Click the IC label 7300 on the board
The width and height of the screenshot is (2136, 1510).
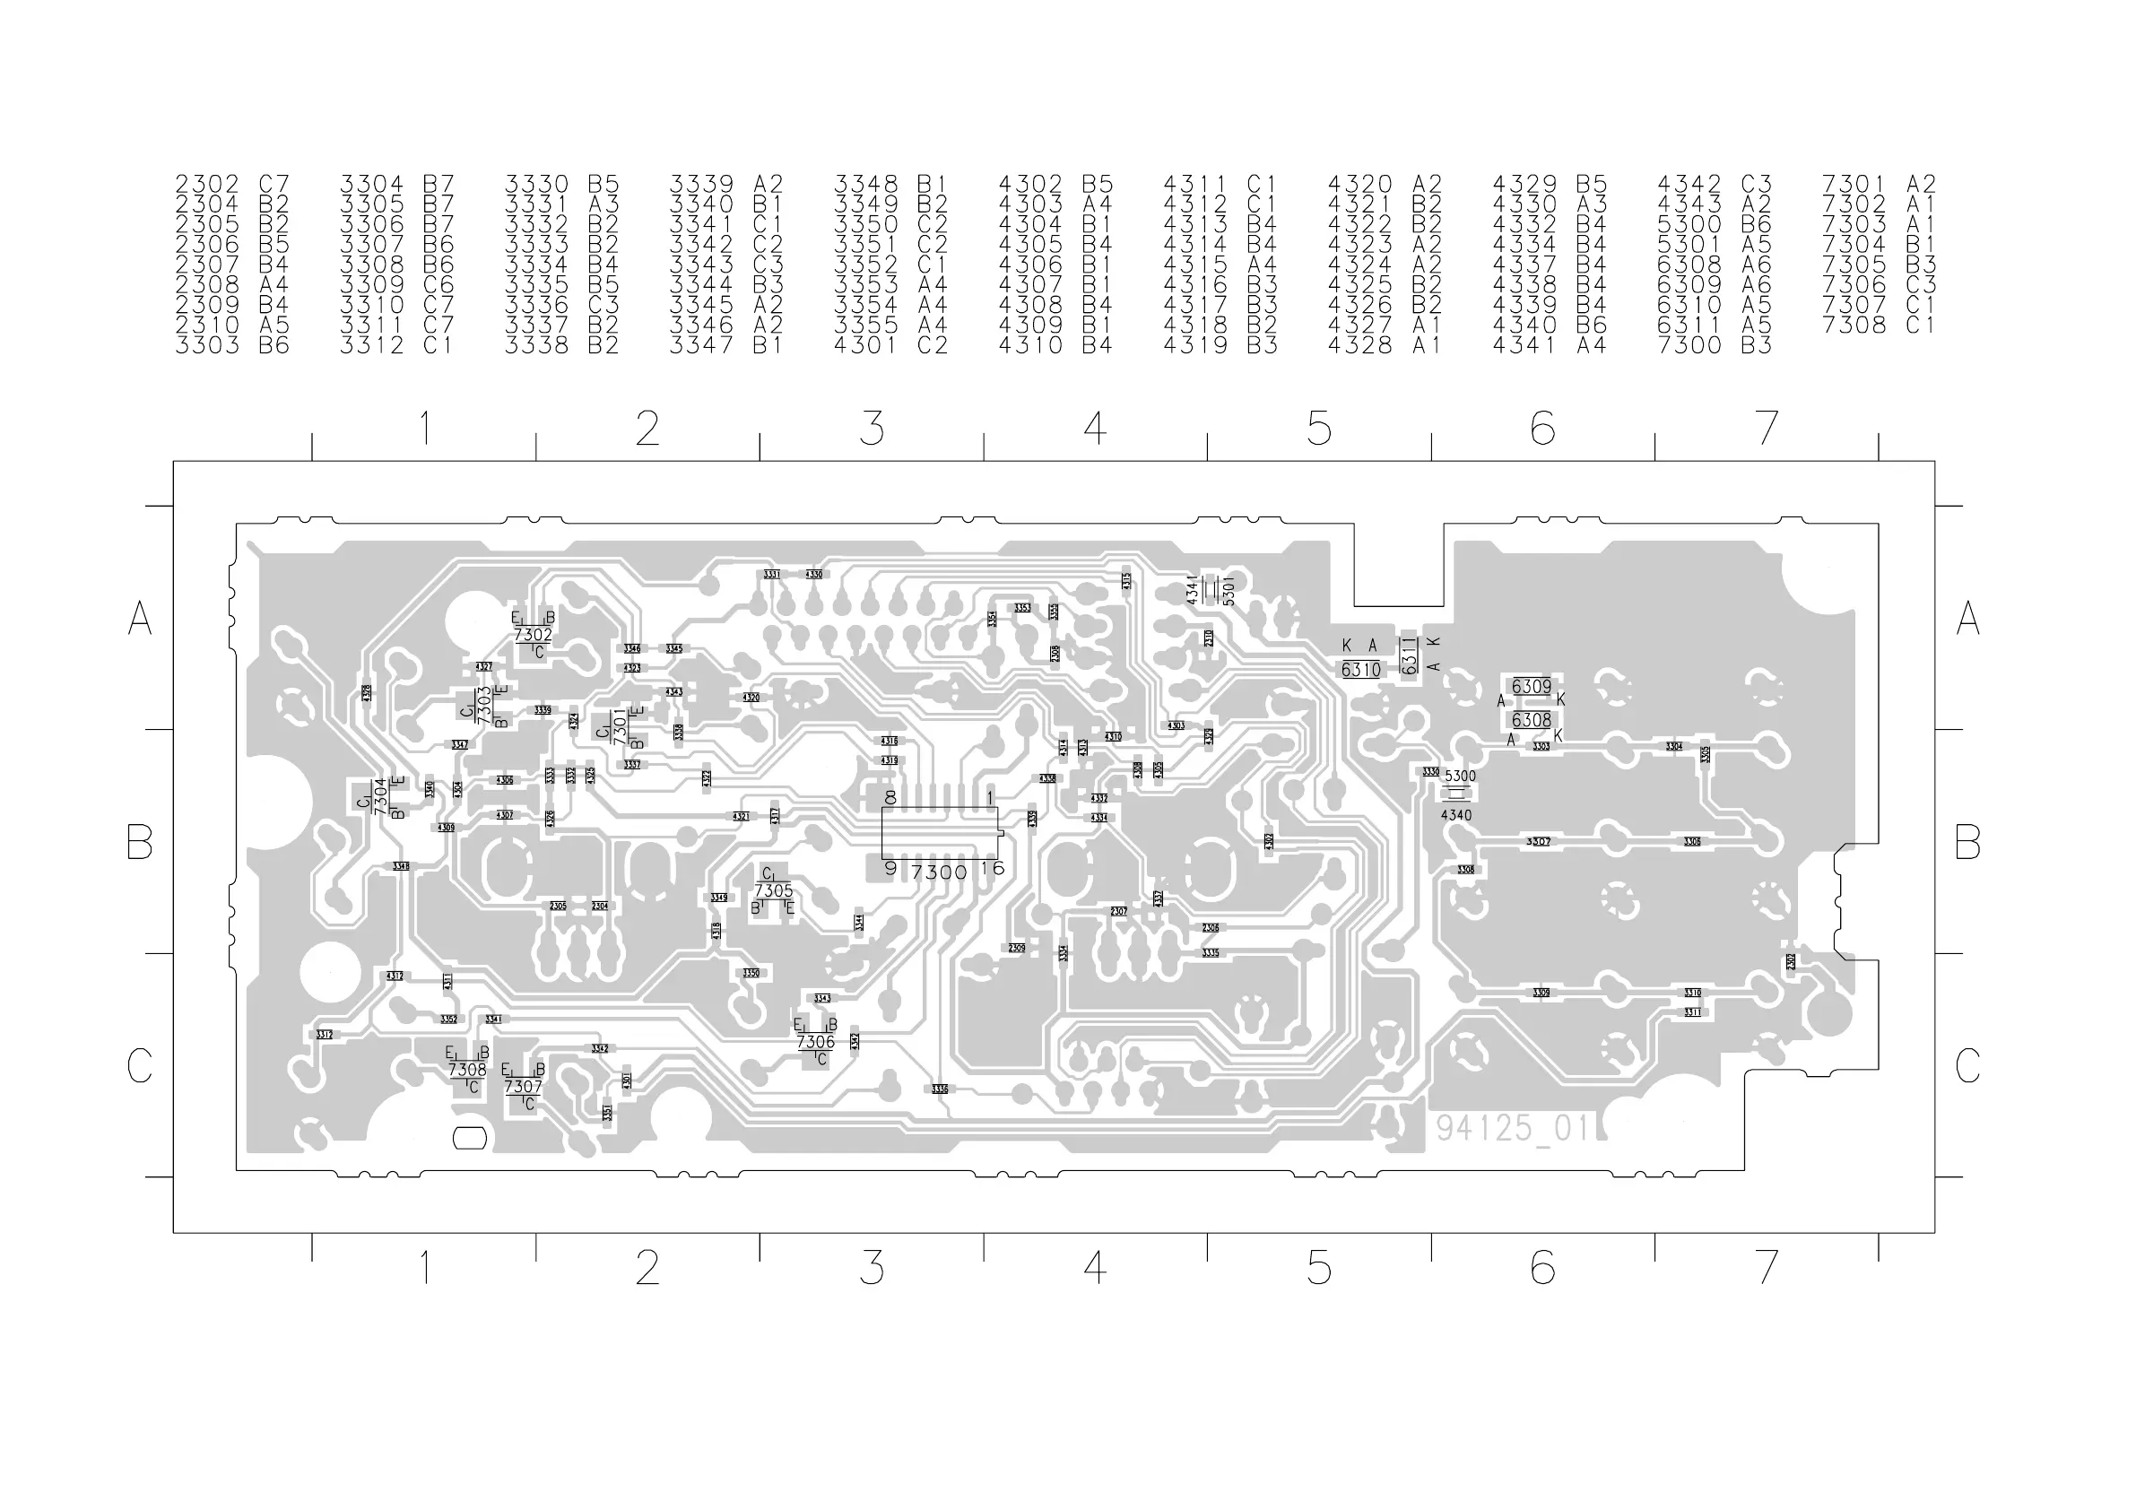point(939,872)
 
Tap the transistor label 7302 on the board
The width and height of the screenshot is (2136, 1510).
point(533,636)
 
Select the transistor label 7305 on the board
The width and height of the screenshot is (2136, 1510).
point(773,890)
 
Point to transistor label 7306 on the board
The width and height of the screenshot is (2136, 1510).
point(816,1041)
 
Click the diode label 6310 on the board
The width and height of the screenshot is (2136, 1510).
point(1361,670)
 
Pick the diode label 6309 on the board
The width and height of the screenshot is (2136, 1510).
point(1532,687)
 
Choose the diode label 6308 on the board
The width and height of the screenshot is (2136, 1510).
point(1532,720)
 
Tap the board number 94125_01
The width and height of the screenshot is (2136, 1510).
point(1512,1128)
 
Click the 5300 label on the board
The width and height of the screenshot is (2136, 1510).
point(1460,776)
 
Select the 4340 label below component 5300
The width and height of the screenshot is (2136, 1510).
point(1456,815)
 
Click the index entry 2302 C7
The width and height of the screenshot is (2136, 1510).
point(232,184)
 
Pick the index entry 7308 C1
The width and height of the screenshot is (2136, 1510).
point(1879,325)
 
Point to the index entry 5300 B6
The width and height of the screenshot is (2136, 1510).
point(1714,224)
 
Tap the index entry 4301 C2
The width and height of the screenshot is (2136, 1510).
point(890,345)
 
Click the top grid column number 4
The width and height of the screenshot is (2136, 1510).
point(1095,428)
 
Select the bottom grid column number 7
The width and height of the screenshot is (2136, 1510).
point(1766,1267)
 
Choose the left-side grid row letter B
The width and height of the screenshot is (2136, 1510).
point(140,842)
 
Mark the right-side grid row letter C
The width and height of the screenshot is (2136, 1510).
point(1967,1065)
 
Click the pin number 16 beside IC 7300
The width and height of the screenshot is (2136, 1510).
point(993,868)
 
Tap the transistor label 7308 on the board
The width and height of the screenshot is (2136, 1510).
point(467,1070)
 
